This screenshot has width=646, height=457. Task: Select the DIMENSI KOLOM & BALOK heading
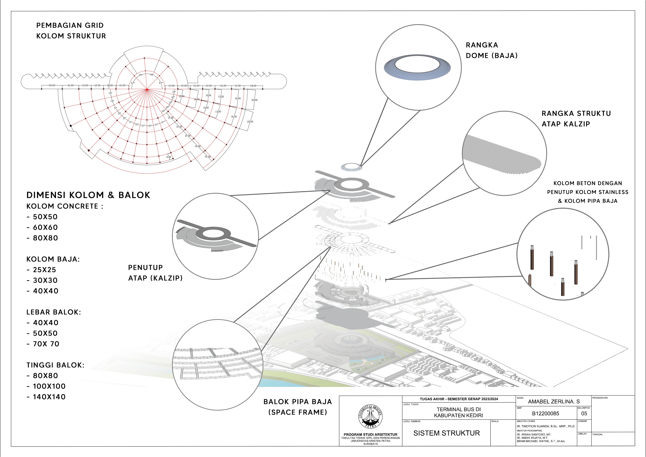tap(88, 195)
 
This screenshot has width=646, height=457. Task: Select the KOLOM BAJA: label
tap(53, 259)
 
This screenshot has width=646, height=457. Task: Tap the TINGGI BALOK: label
tap(55, 365)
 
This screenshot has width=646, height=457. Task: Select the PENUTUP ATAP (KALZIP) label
tap(155, 273)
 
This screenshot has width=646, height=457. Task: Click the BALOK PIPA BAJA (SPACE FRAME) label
tap(298, 407)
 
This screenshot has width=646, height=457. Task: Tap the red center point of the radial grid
tap(147, 89)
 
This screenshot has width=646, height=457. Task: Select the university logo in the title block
tap(370, 417)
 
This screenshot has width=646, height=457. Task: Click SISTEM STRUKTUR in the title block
tap(446, 433)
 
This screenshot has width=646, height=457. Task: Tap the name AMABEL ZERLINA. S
tap(554, 402)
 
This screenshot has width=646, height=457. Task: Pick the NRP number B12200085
tap(546, 413)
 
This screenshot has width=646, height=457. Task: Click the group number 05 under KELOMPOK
tap(584, 413)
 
